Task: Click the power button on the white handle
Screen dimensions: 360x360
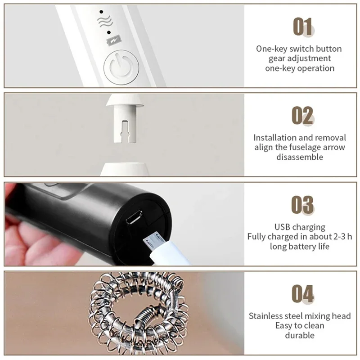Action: [x=118, y=68]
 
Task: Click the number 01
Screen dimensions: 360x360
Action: [x=302, y=27]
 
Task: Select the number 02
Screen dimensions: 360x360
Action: [x=302, y=116]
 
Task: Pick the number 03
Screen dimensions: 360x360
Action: [x=302, y=205]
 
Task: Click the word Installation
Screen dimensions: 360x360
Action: [x=274, y=138]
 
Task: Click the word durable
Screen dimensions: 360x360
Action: [x=300, y=335]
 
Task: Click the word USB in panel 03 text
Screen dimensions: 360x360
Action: [x=282, y=227]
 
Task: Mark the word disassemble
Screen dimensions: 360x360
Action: [x=300, y=157]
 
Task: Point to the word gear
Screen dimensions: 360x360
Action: [x=277, y=58]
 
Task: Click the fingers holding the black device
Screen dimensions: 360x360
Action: [x=36, y=238]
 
